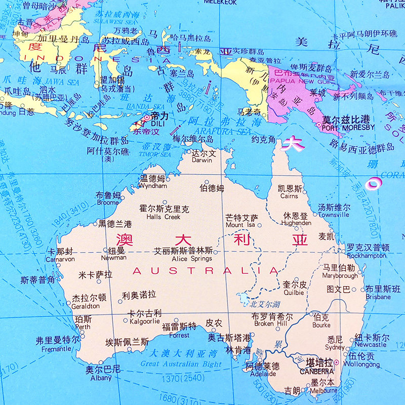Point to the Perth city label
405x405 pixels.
pyautogui.click(x=83, y=327)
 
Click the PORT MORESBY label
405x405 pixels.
pyautogui.click(x=348, y=127)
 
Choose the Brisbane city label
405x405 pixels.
pyautogui.click(x=378, y=297)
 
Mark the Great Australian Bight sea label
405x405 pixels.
pyautogui.click(x=181, y=363)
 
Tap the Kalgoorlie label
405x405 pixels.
pyautogui.click(x=145, y=320)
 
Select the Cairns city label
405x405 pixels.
pyautogui.click(x=289, y=196)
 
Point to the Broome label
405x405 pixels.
pyautogui.click(x=107, y=202)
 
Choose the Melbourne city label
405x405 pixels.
pyautogui.click(x=324, y=390)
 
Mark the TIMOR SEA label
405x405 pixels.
pyautogui.click(x=157, y=154)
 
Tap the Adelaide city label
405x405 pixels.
pyautogui.click(x=262, y=374)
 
